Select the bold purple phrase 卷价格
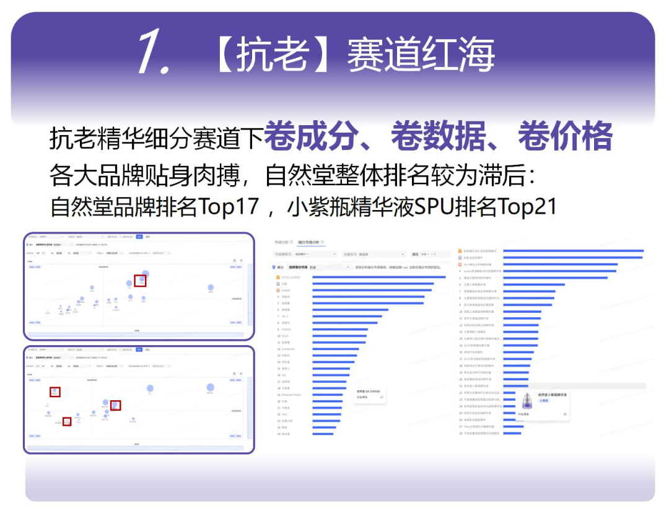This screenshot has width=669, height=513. tap(565, 136)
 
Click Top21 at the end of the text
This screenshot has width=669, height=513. tap(527, 206)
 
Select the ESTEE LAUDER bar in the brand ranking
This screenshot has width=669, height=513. tap(378, 277)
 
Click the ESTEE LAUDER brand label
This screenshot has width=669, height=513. tap(291, 277)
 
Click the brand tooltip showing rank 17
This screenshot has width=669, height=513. tap(370, 394)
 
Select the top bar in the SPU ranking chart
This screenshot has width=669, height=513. tap(573, 251)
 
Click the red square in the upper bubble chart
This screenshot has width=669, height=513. tap(140, 281)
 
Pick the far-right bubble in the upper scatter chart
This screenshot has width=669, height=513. tap(211, 287)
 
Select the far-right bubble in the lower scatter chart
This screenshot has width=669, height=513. tap(210, 387)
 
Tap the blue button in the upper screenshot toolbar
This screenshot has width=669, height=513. tap(139, 237)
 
